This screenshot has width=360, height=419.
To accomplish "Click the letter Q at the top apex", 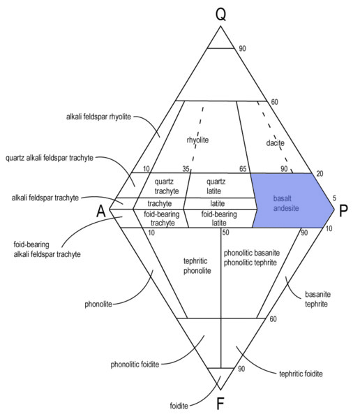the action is (x=221, y=15).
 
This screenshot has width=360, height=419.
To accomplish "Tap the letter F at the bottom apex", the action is (x=220, y=404).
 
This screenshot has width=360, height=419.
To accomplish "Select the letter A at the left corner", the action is (x=101, y=212).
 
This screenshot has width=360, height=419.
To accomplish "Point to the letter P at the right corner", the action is (x=343, y=210).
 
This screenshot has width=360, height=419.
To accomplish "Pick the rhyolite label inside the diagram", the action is (x=197, y=140).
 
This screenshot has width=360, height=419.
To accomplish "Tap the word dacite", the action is (x=276, y=142).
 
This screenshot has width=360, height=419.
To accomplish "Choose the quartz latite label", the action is (x=216, y=186).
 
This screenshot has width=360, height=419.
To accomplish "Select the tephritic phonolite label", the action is (x=197, y=266).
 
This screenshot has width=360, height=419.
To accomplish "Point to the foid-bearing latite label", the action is (x=219, y=219).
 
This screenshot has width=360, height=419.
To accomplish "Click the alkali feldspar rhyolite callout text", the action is (x=98, y=117).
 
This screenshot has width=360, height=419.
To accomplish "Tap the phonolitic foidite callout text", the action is (x=135, y=365).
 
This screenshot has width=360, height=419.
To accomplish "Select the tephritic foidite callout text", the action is (x=301, y=374).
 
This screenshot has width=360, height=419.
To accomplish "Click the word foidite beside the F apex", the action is (x=179, y=406).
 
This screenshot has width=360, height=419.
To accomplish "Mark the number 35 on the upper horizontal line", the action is (x=186, y=169).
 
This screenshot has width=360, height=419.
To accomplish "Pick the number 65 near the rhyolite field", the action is (x=243, y=169).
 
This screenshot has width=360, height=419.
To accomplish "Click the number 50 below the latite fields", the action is (x=225, y=233).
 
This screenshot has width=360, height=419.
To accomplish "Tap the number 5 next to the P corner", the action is (x=334, y=198).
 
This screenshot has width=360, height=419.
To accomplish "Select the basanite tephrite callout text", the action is (x=318, y=299).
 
